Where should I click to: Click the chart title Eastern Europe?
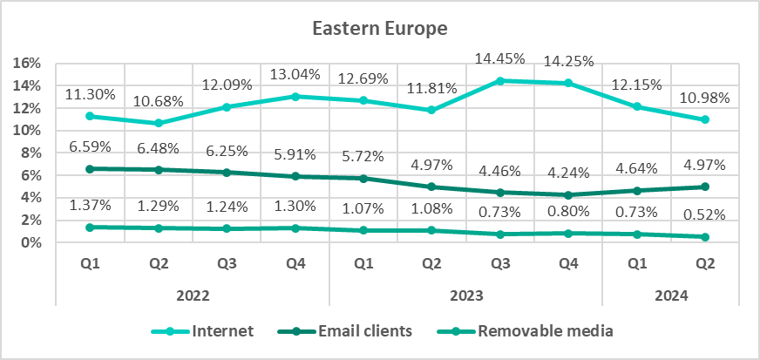[380, 29]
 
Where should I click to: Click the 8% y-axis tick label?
[32, 153]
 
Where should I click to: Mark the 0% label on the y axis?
[32, 243]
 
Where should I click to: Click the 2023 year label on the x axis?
[465, 295]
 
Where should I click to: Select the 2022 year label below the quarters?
[193, 295]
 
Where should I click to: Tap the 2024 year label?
[670, 295]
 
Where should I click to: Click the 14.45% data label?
[499, 59]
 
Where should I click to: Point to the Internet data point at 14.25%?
[567, 83]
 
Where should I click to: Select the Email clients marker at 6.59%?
[90, 168]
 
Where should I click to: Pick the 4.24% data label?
[567, 172]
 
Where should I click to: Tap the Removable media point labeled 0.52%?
[704, 237]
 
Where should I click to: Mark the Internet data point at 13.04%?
[295, 97]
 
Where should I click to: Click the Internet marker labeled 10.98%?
[704, 119]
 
